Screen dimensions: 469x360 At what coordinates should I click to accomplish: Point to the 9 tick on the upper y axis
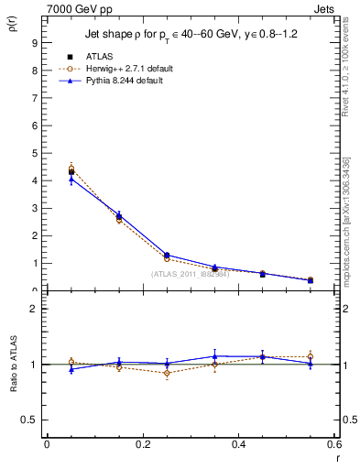(x=34, y=42)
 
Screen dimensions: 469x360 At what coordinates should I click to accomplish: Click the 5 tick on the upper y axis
(x=34, y=153)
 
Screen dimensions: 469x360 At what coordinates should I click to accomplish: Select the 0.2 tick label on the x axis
(x=142, y=444)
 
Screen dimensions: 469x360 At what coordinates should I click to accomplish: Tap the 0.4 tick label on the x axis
(x=238, y=444)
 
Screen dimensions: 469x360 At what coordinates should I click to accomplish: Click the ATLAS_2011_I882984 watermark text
(x=190, y=273)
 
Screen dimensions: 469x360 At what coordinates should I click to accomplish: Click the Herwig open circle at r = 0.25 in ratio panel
(x=166, y=373)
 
